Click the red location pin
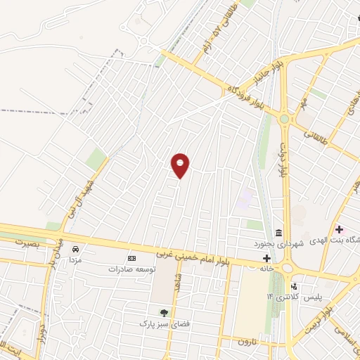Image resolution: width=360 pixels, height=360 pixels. point(181,165)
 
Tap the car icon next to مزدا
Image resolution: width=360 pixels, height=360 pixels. point(75,248)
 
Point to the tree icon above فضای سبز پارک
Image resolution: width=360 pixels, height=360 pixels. point(164,313)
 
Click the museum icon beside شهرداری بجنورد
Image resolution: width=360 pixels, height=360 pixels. point(279,233)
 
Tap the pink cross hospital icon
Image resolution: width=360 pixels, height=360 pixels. point(340,229)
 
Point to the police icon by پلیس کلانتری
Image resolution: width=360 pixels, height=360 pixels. point(293,287)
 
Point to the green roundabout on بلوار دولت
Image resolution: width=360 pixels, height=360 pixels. point(283,120)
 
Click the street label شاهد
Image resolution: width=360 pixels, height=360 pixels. point(179,288)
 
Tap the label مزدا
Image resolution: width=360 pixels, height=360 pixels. point(75,259)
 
